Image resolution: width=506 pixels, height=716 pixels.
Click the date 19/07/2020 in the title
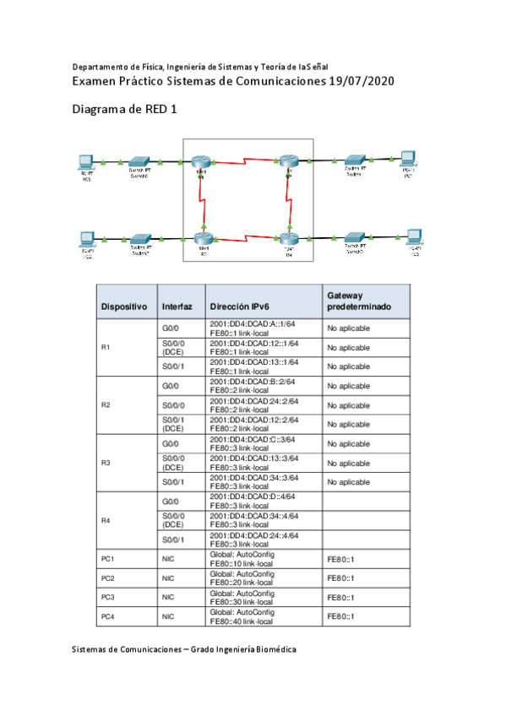[353, 81]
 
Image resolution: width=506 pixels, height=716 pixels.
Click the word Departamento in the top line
[102, 66]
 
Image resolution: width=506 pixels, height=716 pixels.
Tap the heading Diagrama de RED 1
[124, 110]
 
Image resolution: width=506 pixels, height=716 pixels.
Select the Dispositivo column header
[125, 306]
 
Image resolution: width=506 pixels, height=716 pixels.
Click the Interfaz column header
[177, 306]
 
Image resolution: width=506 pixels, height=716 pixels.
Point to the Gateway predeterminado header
[359, 301]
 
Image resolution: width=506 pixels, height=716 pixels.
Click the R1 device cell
[106, 348]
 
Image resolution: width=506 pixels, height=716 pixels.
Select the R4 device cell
[106, 520]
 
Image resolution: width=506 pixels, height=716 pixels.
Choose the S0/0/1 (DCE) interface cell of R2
[172, 423]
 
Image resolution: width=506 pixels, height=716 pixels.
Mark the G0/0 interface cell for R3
[170, 443]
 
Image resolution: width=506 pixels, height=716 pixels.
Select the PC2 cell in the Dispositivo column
[107, 578]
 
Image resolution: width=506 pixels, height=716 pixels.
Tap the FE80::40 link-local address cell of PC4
[242, 621]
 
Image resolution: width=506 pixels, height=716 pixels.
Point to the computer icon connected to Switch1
[407, 158]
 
